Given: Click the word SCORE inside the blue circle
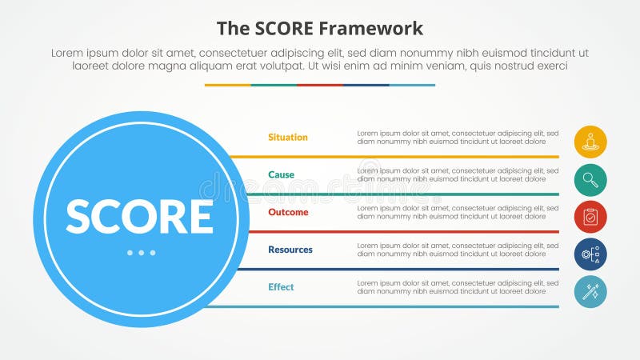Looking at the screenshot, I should pyautogui.click(x=139, y=216).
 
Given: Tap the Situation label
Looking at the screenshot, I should pyautogui.click(x=288, y=138).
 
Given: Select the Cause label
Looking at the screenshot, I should pyautogui.click(x=281, y=175).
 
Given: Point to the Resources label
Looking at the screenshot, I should pyautogui.click(x=290, y=250).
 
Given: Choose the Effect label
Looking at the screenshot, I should pyautogui.click(x=281, y=287).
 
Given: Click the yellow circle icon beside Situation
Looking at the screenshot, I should pyautogui.click(x=590, y=142).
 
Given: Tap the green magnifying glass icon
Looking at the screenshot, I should pyautogui.click(x=590, y=179).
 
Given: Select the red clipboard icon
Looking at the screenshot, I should pyautogui.click(x=590, y=217).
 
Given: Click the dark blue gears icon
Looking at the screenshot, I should pyautogui.click(x=590, y=254).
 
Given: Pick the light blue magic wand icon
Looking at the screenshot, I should pyautogui.click(x=590, y=292).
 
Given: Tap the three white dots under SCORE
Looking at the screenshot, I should pyautogui.click(x=141, y=253).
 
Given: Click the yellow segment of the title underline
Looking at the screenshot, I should pyautogui.click(x=227, y=85).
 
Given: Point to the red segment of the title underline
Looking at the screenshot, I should pyautogui.click(x=320, y=85).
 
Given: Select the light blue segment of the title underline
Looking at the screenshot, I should pyautogui.click(x=412, y=85).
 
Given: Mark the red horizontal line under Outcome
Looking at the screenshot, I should pyautogui.click(x=400, y=232).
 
